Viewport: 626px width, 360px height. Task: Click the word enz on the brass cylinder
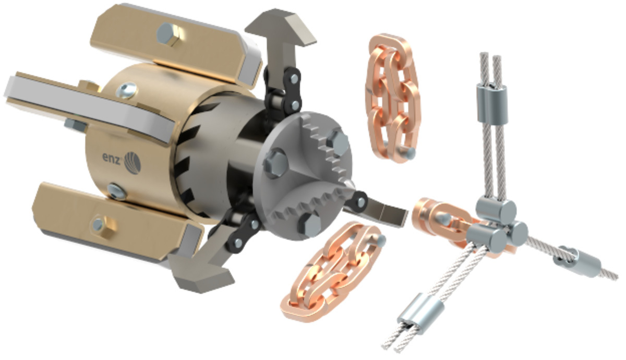[112, 158]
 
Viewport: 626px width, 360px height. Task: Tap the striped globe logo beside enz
[132, 162]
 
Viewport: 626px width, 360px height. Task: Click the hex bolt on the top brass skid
[167, 34]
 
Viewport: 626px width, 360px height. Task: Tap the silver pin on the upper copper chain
[410, 153]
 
